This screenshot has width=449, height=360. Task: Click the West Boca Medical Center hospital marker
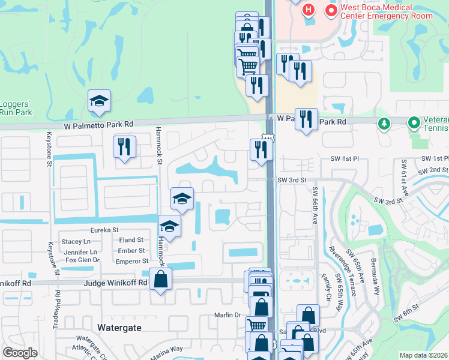[309, 11]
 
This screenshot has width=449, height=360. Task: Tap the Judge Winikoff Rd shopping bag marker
[161, 279]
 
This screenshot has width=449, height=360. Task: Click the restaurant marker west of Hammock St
[124, 146]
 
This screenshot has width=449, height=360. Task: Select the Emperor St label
[131, 261]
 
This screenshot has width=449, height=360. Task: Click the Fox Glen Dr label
[82, 260]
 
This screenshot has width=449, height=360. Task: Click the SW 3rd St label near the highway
[292, 180]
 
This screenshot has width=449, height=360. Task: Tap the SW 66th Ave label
[315, 205]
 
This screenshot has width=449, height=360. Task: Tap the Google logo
[20, 353]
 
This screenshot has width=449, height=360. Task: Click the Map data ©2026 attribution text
[424, 355]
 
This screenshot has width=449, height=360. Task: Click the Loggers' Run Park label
[15, 107]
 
